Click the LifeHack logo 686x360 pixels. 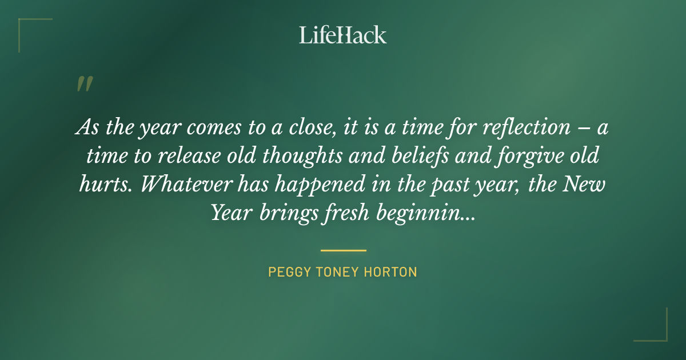(x=343, y=35)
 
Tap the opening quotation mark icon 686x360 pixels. (x=84, y=84)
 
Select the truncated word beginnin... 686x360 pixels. (x=424, y=213)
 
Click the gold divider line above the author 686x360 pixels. (x=343, y=250)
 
